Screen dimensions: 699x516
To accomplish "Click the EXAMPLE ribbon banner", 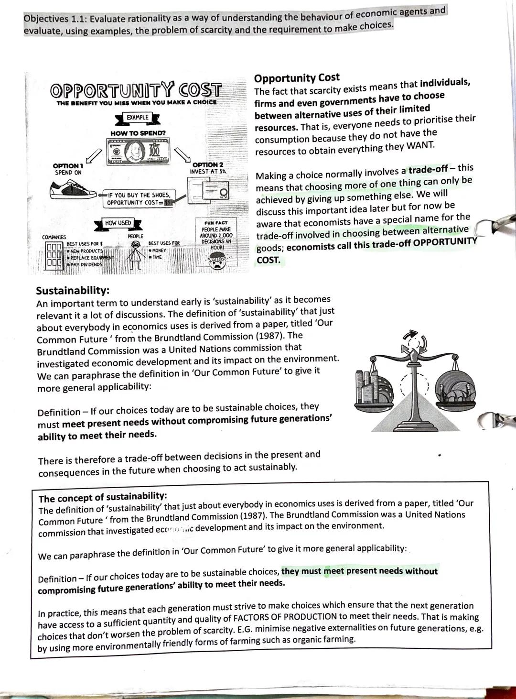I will (x=138, y=118).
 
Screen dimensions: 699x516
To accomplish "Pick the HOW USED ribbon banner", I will (x=118, y=223).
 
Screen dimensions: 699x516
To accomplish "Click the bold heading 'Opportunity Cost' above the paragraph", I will (x=297, y=78).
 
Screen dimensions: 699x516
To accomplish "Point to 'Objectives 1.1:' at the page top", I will (x=54, y=20).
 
